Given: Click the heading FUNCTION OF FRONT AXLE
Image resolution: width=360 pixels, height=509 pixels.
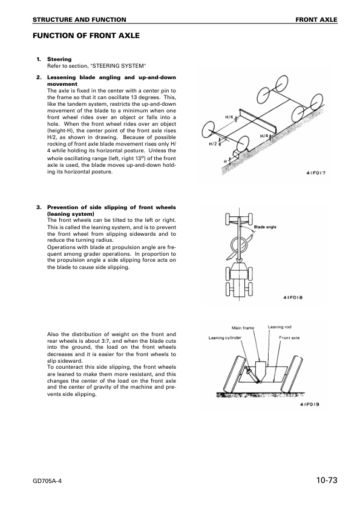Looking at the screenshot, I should click(x=86, y=36).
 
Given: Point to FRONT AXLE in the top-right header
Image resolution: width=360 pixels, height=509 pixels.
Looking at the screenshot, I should click(x=316, y=20).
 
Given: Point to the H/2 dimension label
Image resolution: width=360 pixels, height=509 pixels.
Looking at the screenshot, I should click(x=213, y=144).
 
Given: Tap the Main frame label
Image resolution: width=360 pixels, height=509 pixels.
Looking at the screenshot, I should click(x=243, y=328).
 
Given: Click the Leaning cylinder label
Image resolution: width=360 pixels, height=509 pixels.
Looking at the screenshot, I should click(x=225, y=338).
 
